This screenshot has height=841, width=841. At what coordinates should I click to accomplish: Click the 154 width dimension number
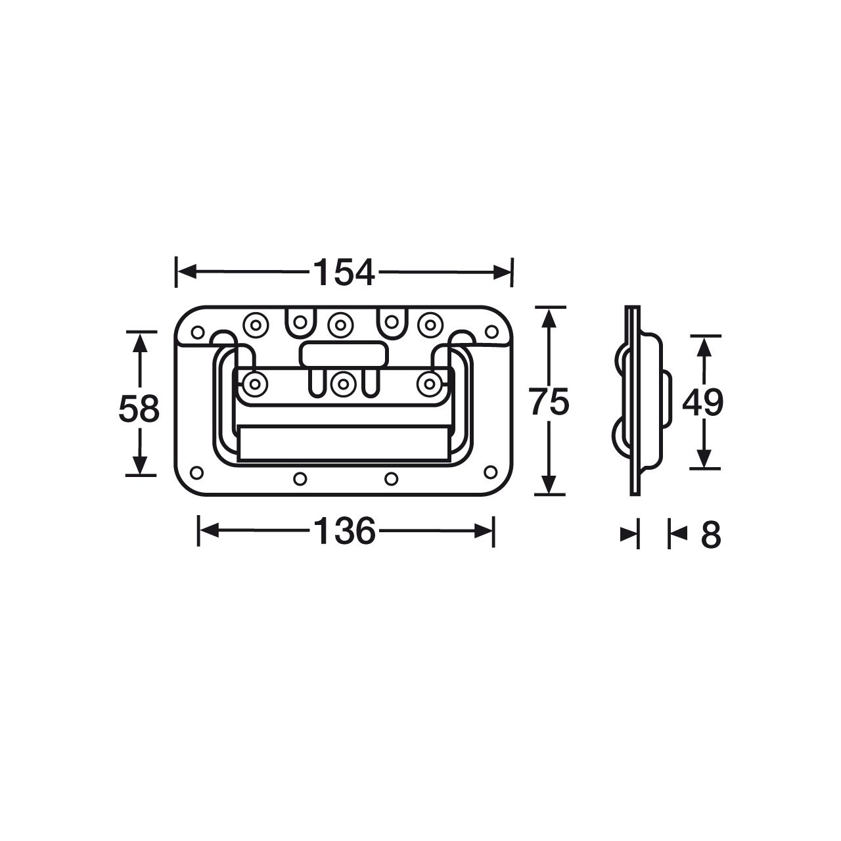344,273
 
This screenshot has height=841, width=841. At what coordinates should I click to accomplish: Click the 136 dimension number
344,531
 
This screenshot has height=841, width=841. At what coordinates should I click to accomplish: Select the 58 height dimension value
139,409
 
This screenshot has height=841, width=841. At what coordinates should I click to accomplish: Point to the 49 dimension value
702,402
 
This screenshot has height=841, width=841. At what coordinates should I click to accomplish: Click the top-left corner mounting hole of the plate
198,332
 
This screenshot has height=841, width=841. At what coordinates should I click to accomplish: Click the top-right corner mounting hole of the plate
492,332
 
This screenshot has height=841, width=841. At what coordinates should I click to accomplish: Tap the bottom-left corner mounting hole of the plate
197,472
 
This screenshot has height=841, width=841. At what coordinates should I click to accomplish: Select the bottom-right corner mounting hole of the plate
491,472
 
